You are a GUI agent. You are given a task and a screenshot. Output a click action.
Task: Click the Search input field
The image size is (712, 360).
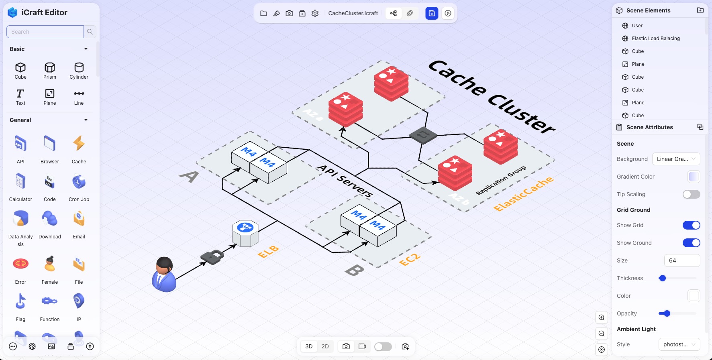point(45,32)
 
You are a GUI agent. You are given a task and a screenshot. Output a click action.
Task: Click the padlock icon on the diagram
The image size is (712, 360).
point(212,257)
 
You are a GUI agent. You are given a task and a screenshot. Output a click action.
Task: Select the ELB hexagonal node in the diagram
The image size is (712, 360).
point(245,233)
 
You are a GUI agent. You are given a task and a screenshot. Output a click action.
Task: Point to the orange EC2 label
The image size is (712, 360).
point(410,259)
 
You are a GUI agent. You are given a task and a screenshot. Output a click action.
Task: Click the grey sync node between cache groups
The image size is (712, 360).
point(423,135)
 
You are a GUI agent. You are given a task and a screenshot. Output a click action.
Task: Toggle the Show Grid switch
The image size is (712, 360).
point(691,225)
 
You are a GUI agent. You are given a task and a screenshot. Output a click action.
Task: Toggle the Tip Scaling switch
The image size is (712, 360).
point(691,194)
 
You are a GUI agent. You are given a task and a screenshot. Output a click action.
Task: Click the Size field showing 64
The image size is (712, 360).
point(682,260)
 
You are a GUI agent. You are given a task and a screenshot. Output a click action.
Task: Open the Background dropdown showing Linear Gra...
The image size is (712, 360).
point(676,159)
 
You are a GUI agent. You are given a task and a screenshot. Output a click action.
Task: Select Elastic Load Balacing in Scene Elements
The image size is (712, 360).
point(655,39)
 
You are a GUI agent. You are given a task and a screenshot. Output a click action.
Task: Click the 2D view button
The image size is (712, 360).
point(325,346)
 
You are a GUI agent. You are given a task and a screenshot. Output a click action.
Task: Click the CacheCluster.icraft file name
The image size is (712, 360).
point(353,13)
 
